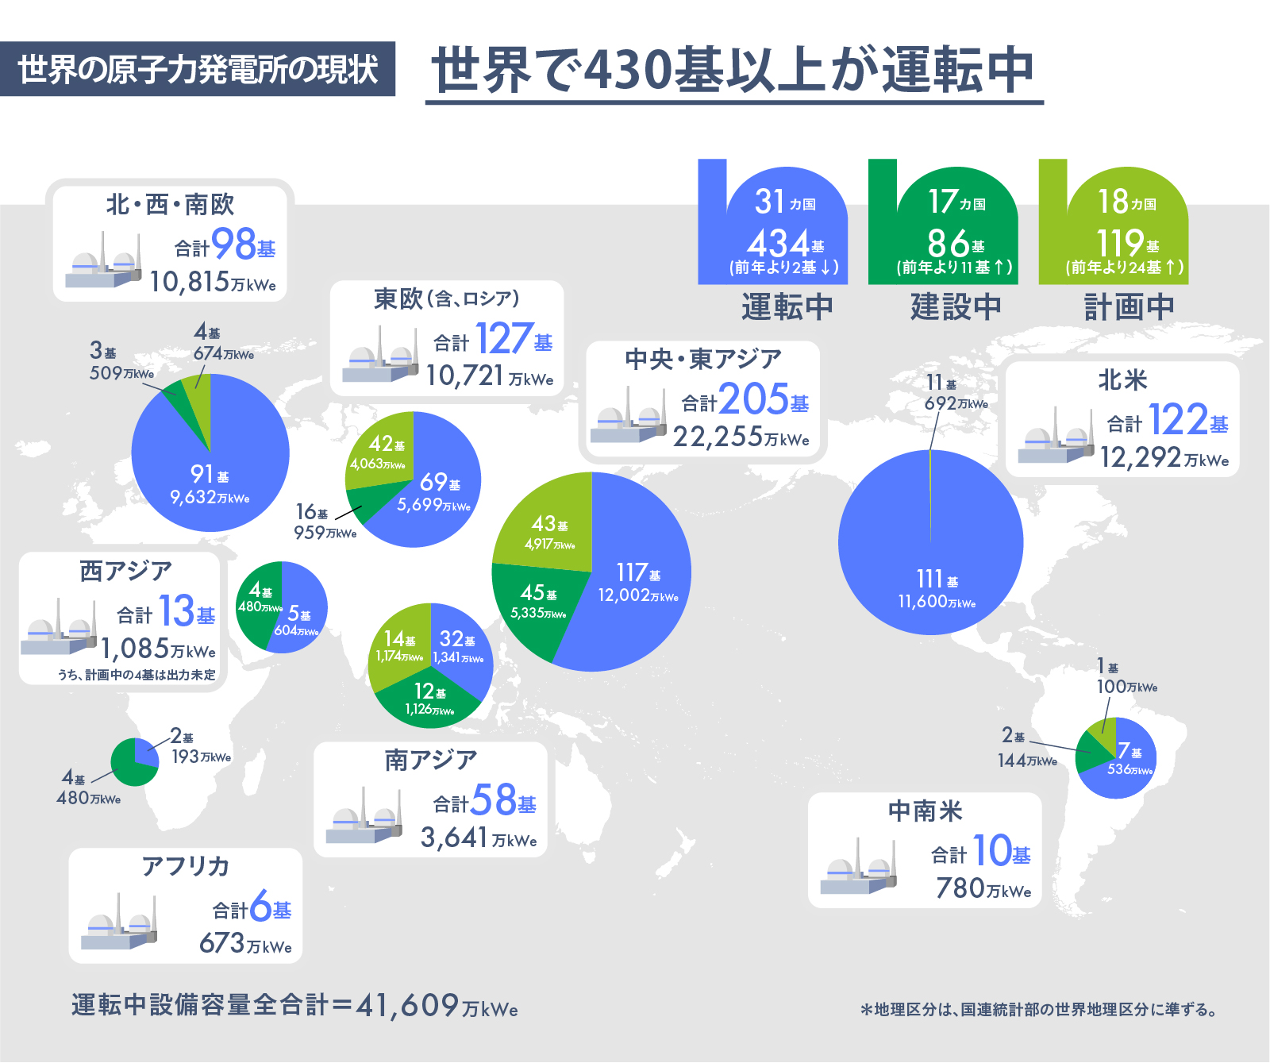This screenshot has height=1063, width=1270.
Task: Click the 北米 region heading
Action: pos(1122,380)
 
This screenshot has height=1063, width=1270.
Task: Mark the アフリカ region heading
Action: pos(186,866)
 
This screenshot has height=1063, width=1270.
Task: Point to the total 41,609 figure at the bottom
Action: pos(407,1006)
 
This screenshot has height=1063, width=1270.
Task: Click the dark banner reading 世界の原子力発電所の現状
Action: pos(198,69)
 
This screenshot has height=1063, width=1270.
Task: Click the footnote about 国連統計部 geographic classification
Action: pos(1039,1010)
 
